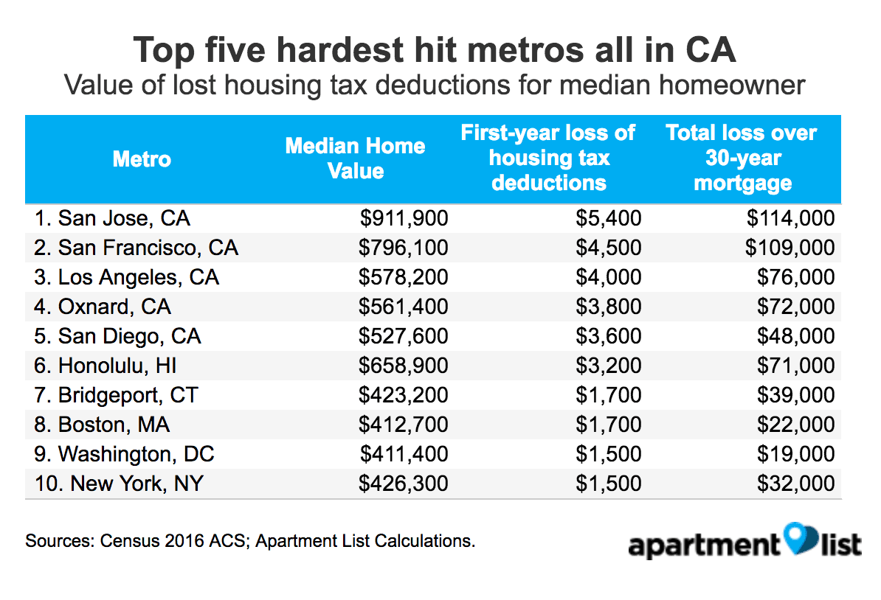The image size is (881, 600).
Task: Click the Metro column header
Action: coord(142,158)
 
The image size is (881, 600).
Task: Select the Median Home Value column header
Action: coord(355,158)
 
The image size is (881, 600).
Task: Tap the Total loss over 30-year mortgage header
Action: coord(742,158)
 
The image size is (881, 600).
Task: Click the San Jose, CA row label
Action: coord(112,218)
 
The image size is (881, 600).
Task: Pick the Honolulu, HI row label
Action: coord(106,366)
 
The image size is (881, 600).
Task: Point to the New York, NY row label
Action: coord(119,484)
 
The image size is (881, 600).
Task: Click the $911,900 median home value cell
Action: coord(404,218)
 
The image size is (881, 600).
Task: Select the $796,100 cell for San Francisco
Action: coord(404,248)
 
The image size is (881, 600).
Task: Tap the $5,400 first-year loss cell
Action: coord(609,218)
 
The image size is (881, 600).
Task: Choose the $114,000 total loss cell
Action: coord(790,218)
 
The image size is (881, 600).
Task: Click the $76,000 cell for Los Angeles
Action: coord(796,277)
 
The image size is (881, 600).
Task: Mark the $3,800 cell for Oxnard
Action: coord(609,307)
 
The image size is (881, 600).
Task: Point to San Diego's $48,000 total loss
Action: coord(796,336)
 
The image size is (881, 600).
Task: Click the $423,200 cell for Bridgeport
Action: coord(404,395)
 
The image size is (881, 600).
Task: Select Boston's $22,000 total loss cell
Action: coord(796,425)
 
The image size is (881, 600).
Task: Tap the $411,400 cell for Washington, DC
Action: coord(404,454)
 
